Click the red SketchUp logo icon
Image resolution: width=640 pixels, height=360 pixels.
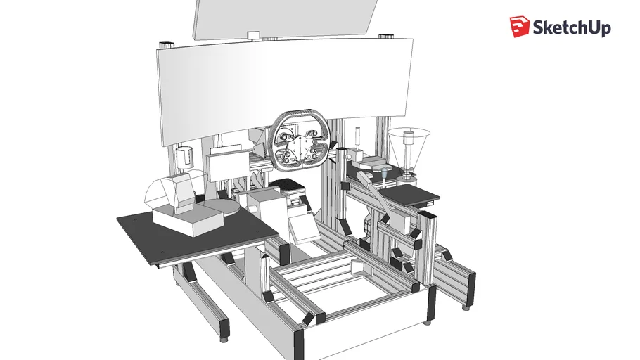point(519,27)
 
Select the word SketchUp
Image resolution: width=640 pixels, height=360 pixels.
point(571,28)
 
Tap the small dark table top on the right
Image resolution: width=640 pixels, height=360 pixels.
point(409,193)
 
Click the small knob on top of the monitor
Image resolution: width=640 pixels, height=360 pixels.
point(252,34)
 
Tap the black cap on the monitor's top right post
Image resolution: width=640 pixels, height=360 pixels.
point(386,34)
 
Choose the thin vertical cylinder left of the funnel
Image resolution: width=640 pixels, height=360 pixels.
point(357,138)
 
